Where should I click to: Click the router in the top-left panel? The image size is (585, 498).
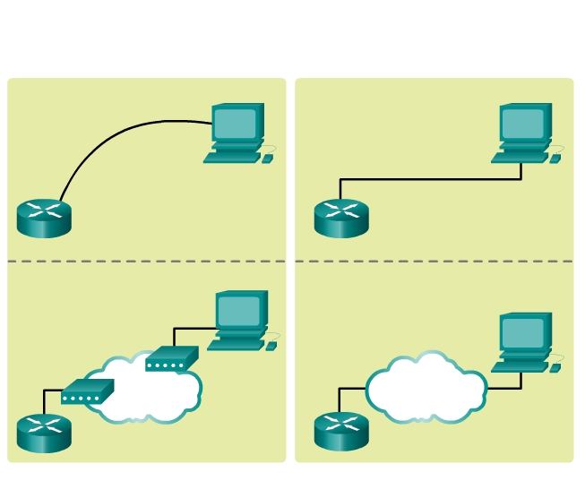(x=43, y=218)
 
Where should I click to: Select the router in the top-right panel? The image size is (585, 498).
(x=340, y=218)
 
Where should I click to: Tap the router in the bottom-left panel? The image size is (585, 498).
(x=43, y=433)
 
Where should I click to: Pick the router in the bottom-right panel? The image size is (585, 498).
(x=340, y=431)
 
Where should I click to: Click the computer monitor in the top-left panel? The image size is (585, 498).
(x=237, y=123)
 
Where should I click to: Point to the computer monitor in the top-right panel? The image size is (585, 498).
(x=525, y=123)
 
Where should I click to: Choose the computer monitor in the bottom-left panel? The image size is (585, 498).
(x=241, y=310)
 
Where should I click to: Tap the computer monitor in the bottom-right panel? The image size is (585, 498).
(x=525, y=332)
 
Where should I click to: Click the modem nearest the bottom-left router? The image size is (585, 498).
(x=87, y=392)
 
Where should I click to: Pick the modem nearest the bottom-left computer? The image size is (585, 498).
(x=170, y=360)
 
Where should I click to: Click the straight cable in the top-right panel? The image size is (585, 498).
(x=430, y=179)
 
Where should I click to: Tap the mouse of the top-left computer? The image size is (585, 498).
(x=267, y=159)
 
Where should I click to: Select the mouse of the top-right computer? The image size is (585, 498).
(x=555, y=159)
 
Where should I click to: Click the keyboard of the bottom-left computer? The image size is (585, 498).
(x=236, y=344)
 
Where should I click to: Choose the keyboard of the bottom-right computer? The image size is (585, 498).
(x=519, y=366)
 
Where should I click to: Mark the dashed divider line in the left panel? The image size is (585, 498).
(x=146, y=262)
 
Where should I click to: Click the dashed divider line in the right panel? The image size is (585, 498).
(x=434, y=262)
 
